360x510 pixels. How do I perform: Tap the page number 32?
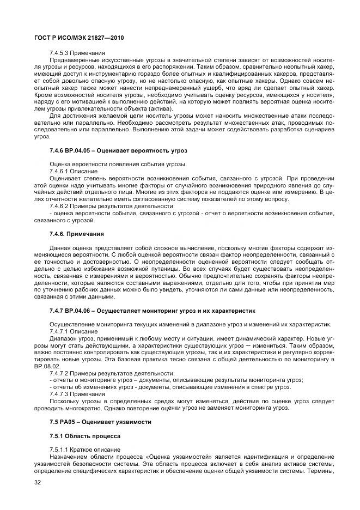point(38,483)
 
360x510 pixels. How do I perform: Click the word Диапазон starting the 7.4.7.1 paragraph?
point(63,338)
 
